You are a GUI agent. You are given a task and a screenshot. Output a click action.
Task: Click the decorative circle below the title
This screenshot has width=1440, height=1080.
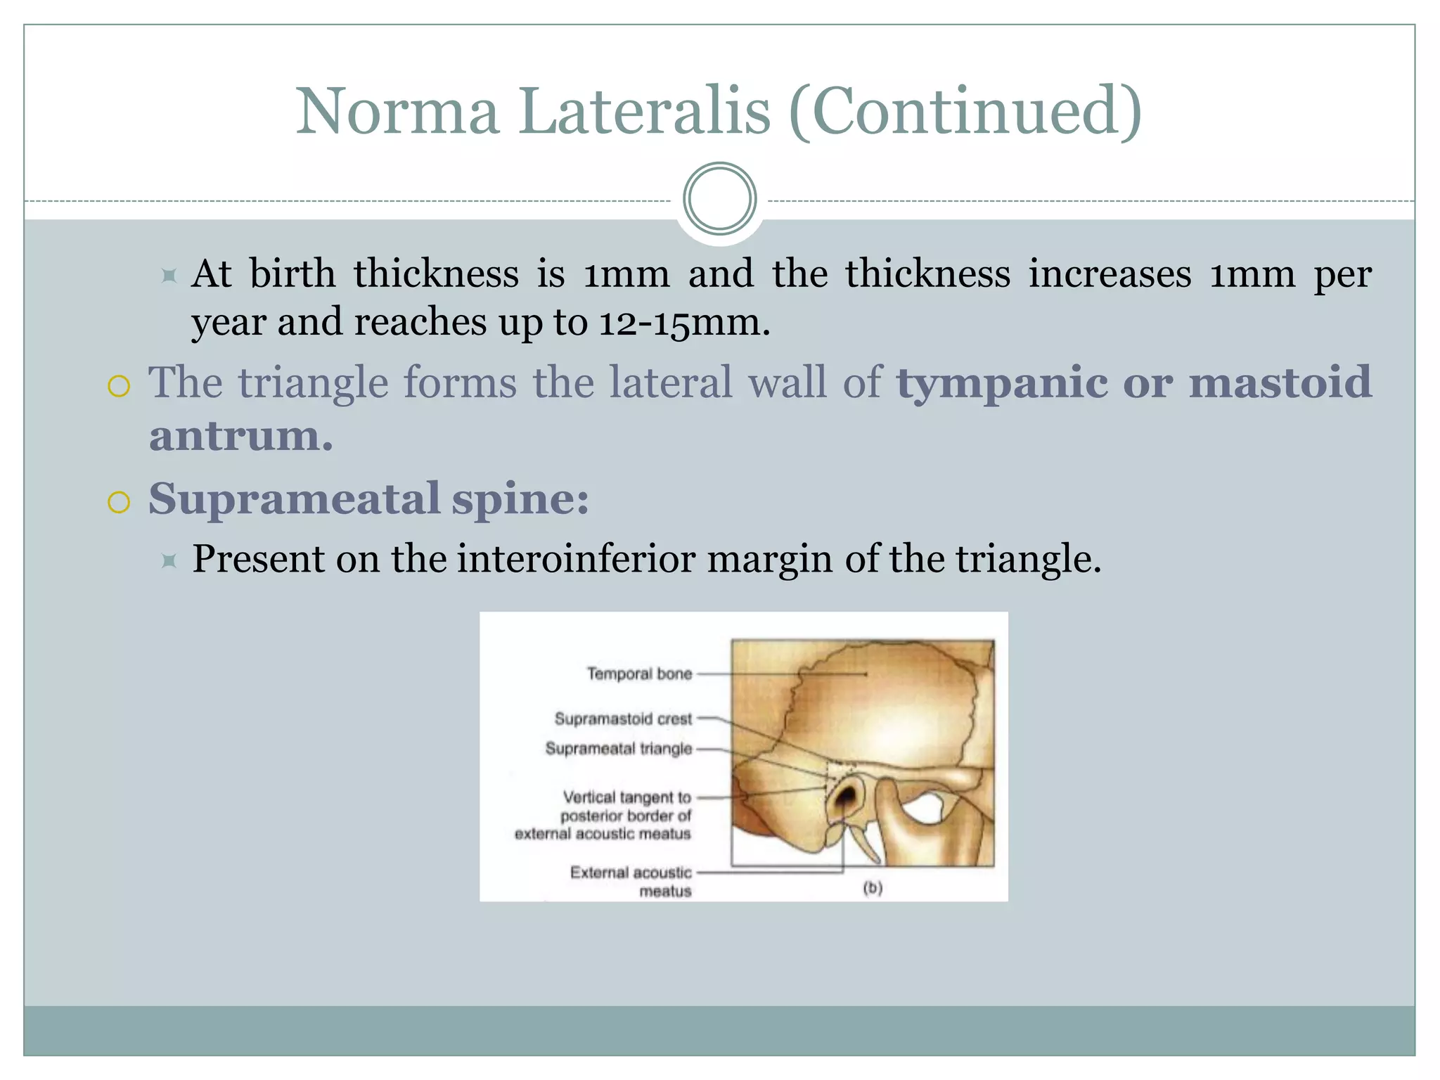pyautogui.click(x=719, y=199)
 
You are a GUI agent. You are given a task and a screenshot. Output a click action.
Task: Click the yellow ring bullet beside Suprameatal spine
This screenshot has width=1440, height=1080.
pyautogui.click(x=119, y=502)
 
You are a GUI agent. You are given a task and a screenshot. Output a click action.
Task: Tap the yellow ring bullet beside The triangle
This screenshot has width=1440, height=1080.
pyautogui.click(x=119, y=386)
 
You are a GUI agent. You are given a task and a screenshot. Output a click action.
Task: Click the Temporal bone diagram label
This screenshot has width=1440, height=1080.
pyautogui.click(x=639, y=674)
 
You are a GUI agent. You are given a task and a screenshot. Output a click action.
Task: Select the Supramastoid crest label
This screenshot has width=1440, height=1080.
pyautogui.click(x=623, y=719)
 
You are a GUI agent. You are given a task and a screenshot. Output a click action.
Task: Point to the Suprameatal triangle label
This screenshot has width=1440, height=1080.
pyautogui.click(x=618, y=749)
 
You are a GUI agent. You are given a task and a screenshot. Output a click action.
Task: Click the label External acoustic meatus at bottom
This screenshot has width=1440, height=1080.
pyautogui.click(x=631, y=881)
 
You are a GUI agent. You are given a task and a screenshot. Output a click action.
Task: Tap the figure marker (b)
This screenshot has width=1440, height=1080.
pyautogui.click(x=872, y=888)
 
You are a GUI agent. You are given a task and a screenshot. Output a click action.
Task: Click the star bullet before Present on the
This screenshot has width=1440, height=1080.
pyautogui.click(x=169, y=560)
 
